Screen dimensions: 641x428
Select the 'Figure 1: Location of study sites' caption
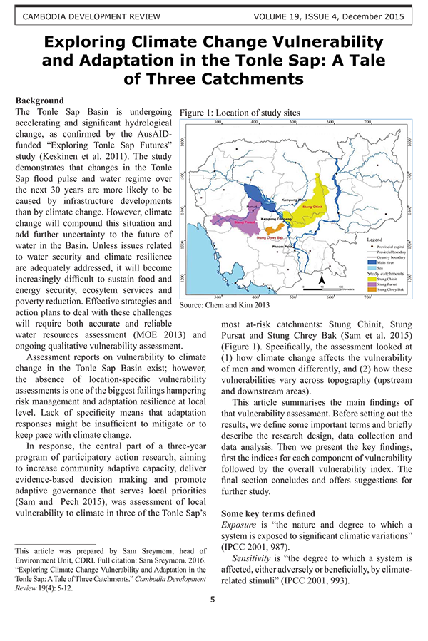click(240, 113)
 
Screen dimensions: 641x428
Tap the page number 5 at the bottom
click(213, 619)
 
